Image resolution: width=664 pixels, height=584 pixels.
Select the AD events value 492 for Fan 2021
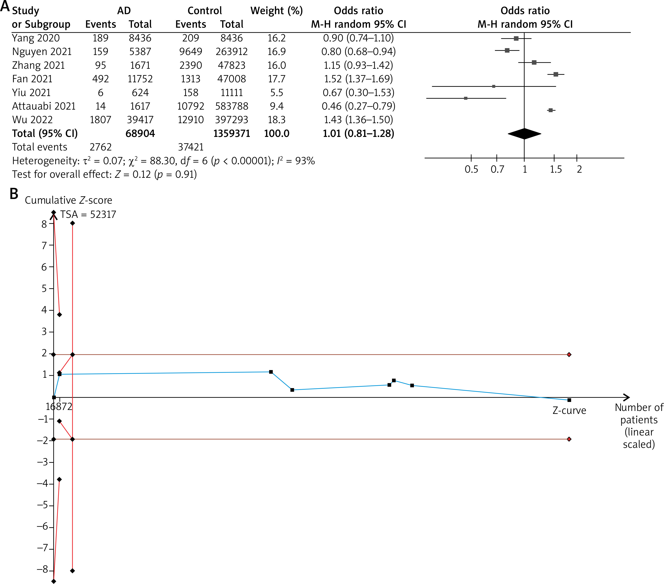(x=100, y=79)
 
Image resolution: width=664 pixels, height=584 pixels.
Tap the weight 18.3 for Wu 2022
(x=276, y=120)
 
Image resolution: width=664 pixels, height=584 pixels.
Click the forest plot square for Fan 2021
(x=556, y=74)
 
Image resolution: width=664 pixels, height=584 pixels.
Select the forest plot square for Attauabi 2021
(x=466, y=98)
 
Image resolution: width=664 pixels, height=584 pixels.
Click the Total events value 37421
(x=191, y=147)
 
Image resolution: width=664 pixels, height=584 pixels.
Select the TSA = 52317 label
(x=88, y=215)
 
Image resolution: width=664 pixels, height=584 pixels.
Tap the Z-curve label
(x=569, y=411)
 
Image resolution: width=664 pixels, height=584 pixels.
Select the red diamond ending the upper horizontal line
(x=569, y=355)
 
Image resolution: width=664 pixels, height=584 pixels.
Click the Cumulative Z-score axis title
(x=69, y=200)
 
